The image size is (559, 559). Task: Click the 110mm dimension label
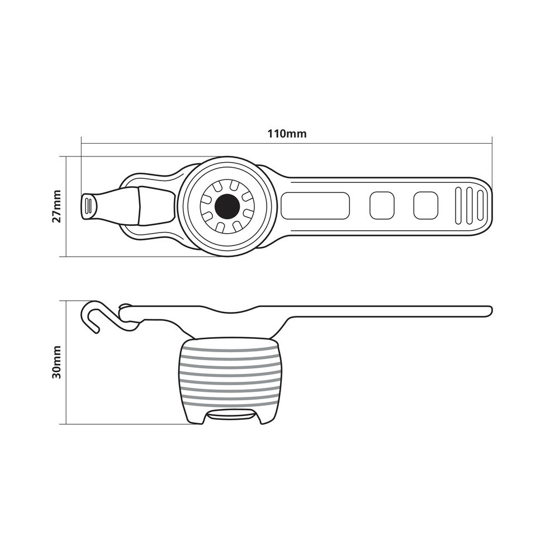click(x=287, y=134)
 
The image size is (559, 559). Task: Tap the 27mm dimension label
click(x=56, y=206)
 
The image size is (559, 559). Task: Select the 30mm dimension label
click(x=56, y=362)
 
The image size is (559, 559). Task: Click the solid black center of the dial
click(x=227, y=206)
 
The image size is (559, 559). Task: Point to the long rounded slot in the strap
click(x=315, y=206)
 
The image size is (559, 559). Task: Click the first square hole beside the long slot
click(x=382, y=206)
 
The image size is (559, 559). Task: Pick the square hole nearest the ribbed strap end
click(x=425, y=206)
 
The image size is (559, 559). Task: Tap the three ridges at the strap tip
click(x=469, y=206)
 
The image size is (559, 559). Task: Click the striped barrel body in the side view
click(x=229, y=380)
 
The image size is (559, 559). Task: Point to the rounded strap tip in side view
click(x=489, y=311)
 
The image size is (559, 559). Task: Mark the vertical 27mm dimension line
click(x=67, y=206)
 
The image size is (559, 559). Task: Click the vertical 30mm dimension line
click(x=67, y=363)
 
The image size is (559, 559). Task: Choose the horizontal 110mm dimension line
click(x=287, y=144)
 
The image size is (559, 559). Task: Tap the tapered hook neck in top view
click(x=117, y=206)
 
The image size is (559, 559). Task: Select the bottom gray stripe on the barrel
click(x=229, y=405)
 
